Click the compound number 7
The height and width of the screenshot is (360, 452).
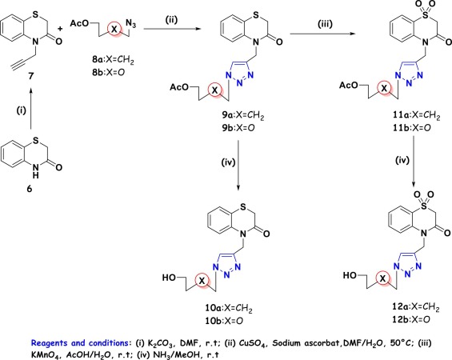click(x=30, y=76)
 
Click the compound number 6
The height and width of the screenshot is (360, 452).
click(x=29, y=189)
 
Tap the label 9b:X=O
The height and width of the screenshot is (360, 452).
click(x=238, y=128)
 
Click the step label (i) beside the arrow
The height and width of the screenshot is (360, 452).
click(x=21, y=110)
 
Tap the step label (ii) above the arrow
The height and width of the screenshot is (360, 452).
click(x=171, y=20)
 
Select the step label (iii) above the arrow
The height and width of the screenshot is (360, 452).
click(x=325, y=24)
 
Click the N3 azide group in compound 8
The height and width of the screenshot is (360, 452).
click(x=130, y=24)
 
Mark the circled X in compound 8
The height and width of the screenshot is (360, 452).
click(x=114, y=29)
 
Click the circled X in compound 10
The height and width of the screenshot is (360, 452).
click(x=202, y=281)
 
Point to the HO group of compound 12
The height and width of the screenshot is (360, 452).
click(x=350, y=275)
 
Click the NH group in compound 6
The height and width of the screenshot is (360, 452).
click(x=35, y=170)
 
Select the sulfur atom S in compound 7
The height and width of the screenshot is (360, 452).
click(x=35, y=14)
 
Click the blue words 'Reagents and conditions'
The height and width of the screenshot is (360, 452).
click(x=79, y=343)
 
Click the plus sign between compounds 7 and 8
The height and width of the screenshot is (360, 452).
click(x=60, y=29)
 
